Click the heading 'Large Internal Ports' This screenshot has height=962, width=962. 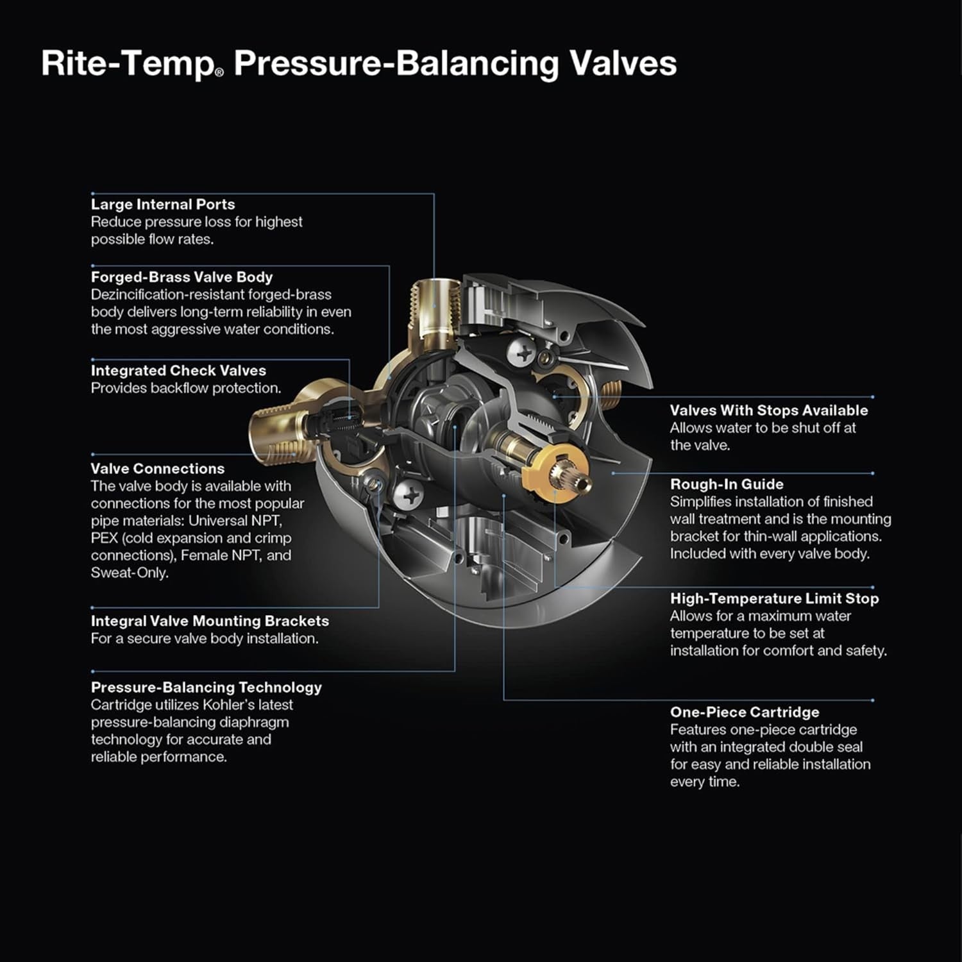[x=162, y=205]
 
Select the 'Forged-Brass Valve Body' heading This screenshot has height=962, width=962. [x=181, y=277]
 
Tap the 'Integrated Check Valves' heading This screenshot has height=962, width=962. [x=178, y=371]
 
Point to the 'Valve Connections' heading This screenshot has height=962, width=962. [x=157, y=469]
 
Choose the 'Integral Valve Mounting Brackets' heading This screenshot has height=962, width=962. [x=209, y=621]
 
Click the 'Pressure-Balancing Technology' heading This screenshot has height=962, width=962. [x=206, y=688]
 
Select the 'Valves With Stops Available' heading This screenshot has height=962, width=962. [x=768, y=410]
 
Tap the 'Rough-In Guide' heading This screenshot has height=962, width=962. [x=726, y=484]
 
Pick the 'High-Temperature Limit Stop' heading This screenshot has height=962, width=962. [x=774, y=598]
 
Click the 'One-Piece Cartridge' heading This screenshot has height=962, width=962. [x=744, y=712]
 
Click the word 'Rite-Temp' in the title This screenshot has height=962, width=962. [x=128, y=64]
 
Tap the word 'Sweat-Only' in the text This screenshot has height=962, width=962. [x=129, y=573]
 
